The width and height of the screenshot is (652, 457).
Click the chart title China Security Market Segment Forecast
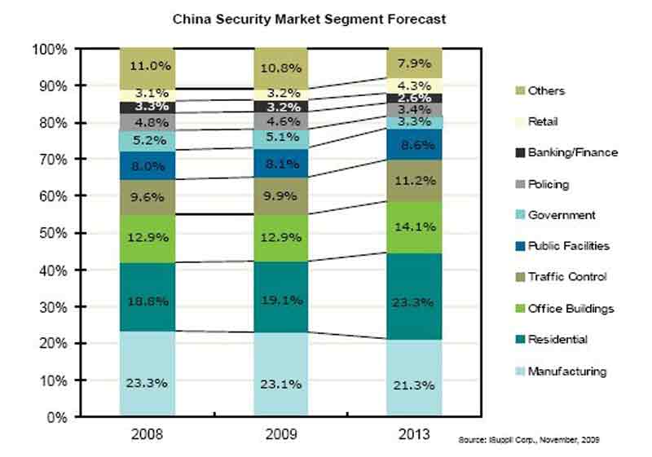click(309, 18)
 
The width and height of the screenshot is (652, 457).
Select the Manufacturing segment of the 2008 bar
click(148, 373)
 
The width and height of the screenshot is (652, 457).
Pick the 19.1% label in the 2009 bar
click(280, 300)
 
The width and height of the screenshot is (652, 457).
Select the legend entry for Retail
click(545, 121)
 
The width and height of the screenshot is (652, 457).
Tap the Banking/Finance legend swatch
click(516, 152)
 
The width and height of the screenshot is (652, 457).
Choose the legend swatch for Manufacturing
click(516, 371)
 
